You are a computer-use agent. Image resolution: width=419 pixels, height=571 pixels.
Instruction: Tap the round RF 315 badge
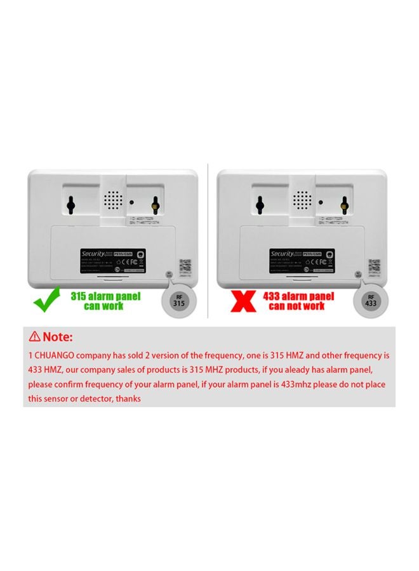coord(180,299)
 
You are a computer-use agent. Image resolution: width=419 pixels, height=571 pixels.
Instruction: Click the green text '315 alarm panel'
coord(105,296)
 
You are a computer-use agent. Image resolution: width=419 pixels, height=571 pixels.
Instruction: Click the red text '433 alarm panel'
coord(298,296)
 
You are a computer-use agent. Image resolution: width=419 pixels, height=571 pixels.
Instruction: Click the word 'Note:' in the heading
coord(58,336)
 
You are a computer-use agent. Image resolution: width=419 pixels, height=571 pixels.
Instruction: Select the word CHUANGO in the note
coord(53,356)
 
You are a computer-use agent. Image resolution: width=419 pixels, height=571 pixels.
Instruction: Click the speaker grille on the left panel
coord(112,202)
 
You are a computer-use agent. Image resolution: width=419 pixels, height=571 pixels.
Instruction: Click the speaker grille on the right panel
coord(303,202)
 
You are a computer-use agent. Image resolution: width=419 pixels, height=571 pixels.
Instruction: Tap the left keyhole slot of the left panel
coord(71,204)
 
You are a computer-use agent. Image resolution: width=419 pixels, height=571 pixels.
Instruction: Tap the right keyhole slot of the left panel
coord(154,204)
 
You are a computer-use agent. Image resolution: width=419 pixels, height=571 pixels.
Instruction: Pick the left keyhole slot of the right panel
coord(260,204)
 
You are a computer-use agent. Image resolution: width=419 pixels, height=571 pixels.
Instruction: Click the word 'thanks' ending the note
coord(128,398)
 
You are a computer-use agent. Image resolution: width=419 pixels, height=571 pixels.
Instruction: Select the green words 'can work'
coord(105,306)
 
